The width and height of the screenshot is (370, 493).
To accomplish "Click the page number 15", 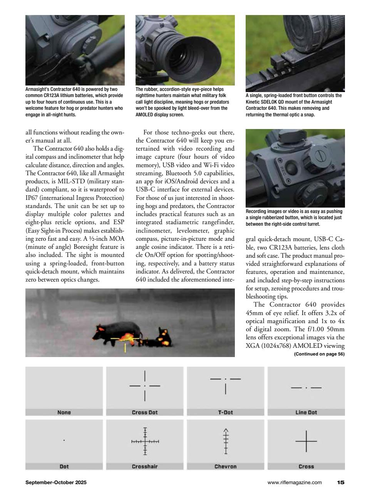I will (x=341, y=482).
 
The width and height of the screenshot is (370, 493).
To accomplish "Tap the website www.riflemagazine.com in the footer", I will (x=295, y=482).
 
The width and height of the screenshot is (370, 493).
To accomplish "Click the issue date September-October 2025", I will (x=56, y=482).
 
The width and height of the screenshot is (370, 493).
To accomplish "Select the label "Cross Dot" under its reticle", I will (x=145, y=412).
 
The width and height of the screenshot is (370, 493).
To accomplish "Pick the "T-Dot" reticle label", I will (x=225, y=412).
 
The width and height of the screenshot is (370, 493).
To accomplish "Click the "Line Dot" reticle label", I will (x=306, y=412).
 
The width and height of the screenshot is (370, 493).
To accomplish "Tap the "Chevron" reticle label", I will (x=225, y=466).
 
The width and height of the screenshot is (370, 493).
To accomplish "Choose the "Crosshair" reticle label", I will (x=145, y=466).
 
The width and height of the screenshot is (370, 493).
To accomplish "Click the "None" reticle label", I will (x=64, y=412).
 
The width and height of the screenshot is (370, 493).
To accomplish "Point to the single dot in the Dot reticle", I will (x=64, y=440).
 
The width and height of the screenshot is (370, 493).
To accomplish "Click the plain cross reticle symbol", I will (x=306, y=441).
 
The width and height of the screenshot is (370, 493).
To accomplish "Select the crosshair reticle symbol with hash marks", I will (x=145, y=441).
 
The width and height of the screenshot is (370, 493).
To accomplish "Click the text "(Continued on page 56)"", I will (x=319, y=354).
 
